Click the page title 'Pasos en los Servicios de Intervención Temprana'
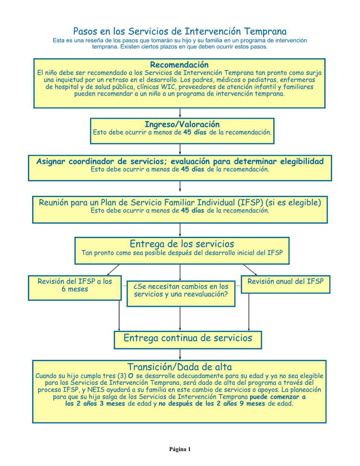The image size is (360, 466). click(180, 31)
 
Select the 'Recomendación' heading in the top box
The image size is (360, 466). click(179, 65)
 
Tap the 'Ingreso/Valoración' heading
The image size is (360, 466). click(182, 124)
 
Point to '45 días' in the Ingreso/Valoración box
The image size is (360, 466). click(195, 133)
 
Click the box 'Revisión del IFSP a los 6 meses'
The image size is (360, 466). click(75, 288)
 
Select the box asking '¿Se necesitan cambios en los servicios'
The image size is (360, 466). click(181, 293)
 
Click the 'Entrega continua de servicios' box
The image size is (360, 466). click(188, 338)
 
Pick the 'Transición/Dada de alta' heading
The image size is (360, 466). click(179, 367)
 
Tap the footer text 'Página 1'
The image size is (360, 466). click(180, 449)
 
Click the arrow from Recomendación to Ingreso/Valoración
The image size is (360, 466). click(180, 113)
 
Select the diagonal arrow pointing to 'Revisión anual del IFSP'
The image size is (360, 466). click(250, 270)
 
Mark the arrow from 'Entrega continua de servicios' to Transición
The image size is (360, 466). click(180, 354)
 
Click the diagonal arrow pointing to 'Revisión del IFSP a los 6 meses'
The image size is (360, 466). click(113, 270)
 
